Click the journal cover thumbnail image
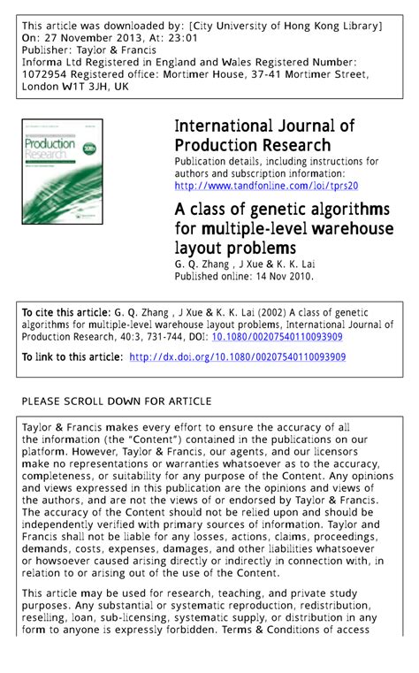pos(63,172)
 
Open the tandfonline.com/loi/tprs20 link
pos(266,186)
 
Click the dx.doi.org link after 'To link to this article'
pos(237,357)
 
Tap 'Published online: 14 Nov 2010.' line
pos(244,276)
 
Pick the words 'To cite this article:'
pos(65,313)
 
